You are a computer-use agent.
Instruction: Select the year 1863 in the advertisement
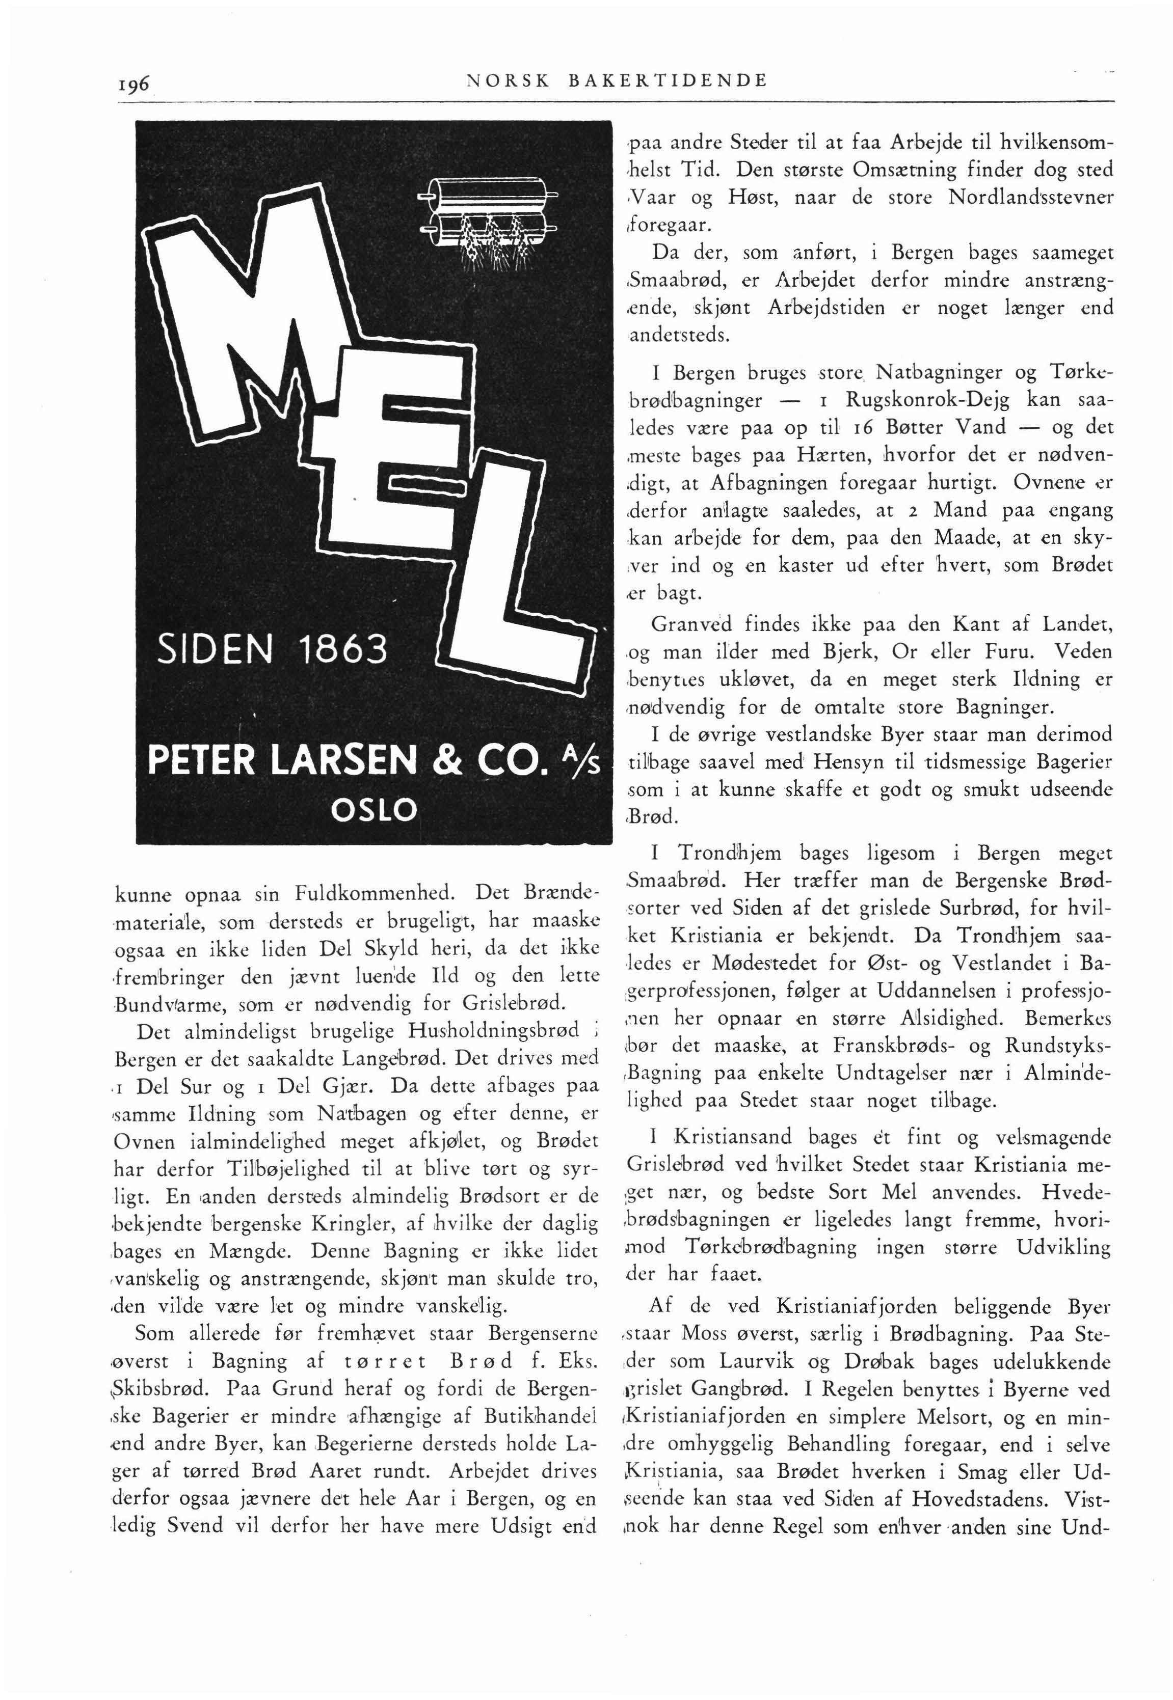(x=343, y=649)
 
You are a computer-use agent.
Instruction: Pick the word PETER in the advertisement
(x=203, y=760)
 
